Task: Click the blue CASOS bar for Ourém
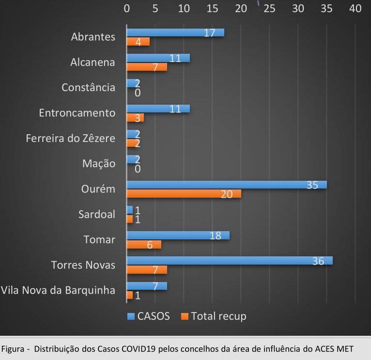[x=226, y=185]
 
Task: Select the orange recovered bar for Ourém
[x=184, y=194]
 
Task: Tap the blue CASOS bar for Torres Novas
[x=229, y=261]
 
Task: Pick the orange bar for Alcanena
[x=147, y=67]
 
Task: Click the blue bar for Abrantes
[x=175, y=32]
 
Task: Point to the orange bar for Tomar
[x=144, y=245]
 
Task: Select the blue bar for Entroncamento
[x=158, y=109]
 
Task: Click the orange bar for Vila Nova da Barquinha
[x=129, y=295]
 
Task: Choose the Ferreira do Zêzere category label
[x=71, y=139]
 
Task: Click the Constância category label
[x=88, y=88]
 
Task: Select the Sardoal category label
[x=97, y=214]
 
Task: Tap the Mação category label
[x=99, y=164]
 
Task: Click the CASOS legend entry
[x=149, y=316]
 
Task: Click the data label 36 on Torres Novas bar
[x=318, y=261]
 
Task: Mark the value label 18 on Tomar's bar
[x=216, y=235]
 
